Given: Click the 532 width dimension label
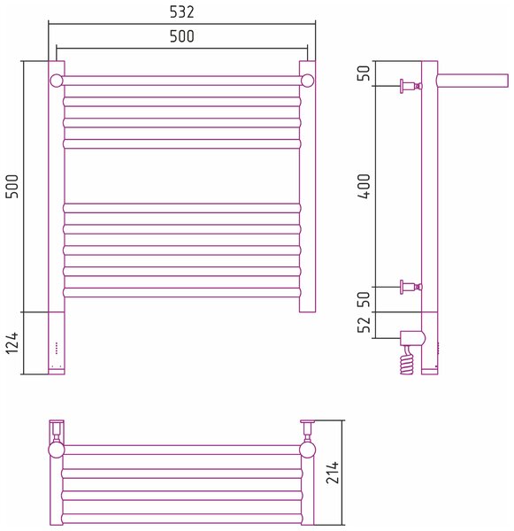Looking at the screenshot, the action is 182,12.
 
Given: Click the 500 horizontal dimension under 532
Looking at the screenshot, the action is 182,36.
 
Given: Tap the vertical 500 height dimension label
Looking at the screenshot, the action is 12,187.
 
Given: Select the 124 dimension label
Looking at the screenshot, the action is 12,342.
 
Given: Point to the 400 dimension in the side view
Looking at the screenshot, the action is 364,186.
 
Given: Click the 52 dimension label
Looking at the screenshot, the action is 364,325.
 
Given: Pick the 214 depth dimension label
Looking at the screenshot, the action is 332,472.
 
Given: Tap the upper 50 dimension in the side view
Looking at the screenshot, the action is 364,73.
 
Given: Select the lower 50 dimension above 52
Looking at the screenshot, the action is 364,299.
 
